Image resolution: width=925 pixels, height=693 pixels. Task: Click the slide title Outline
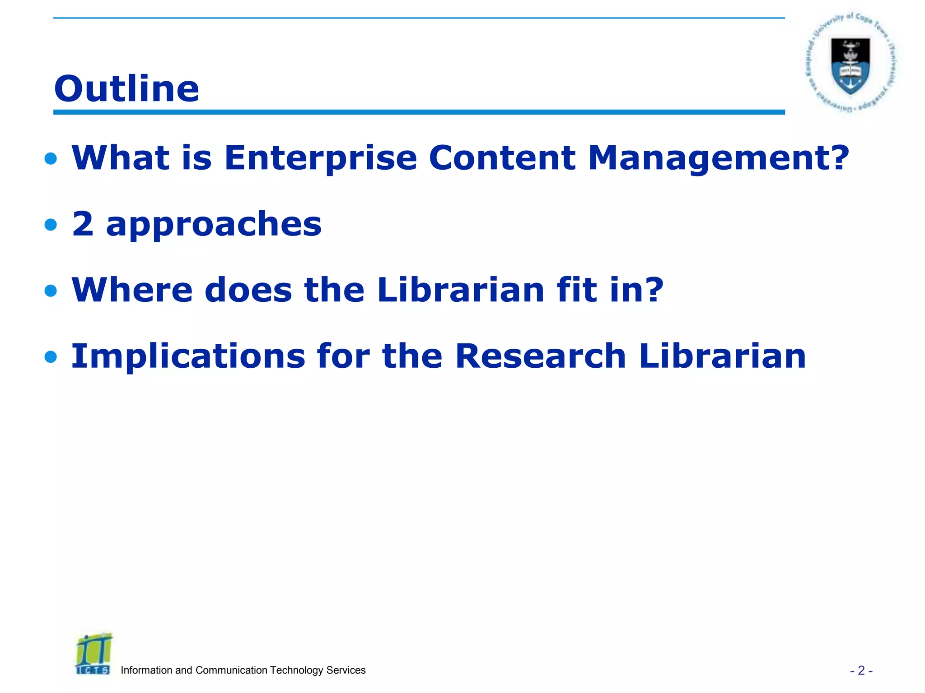tap(126, 88)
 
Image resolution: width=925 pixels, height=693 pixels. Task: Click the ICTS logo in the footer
tap(93, 655)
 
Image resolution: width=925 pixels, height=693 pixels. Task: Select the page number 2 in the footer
tap(861, 670)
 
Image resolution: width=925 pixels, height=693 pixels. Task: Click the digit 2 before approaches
tap(83, 224)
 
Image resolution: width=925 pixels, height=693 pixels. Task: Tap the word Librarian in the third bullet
tap(461, 290)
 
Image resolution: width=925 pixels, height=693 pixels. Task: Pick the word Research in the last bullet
tap(540, 356)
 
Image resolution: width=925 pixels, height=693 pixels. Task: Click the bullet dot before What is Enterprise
tap(51, 158)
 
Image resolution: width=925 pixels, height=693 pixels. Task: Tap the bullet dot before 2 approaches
tap(51, 224)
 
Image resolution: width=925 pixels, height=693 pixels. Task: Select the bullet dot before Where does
tap(51, 291)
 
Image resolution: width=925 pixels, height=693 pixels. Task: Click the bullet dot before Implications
tap(51, 357)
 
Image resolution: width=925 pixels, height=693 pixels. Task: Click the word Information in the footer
tap(146, 670)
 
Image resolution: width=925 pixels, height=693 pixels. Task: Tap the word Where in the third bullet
tap(132, 290)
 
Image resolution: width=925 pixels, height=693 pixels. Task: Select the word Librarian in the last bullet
tap(722, 356)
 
